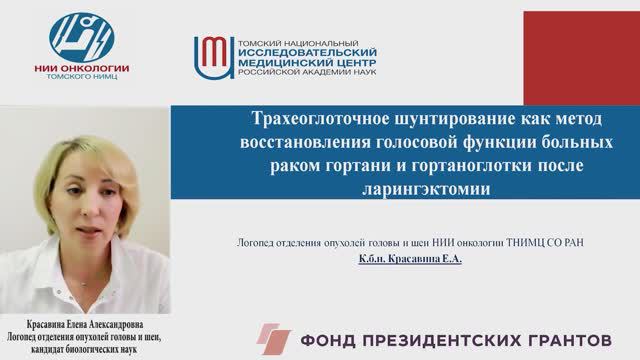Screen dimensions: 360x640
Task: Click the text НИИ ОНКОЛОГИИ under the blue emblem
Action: coord(81,68)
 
